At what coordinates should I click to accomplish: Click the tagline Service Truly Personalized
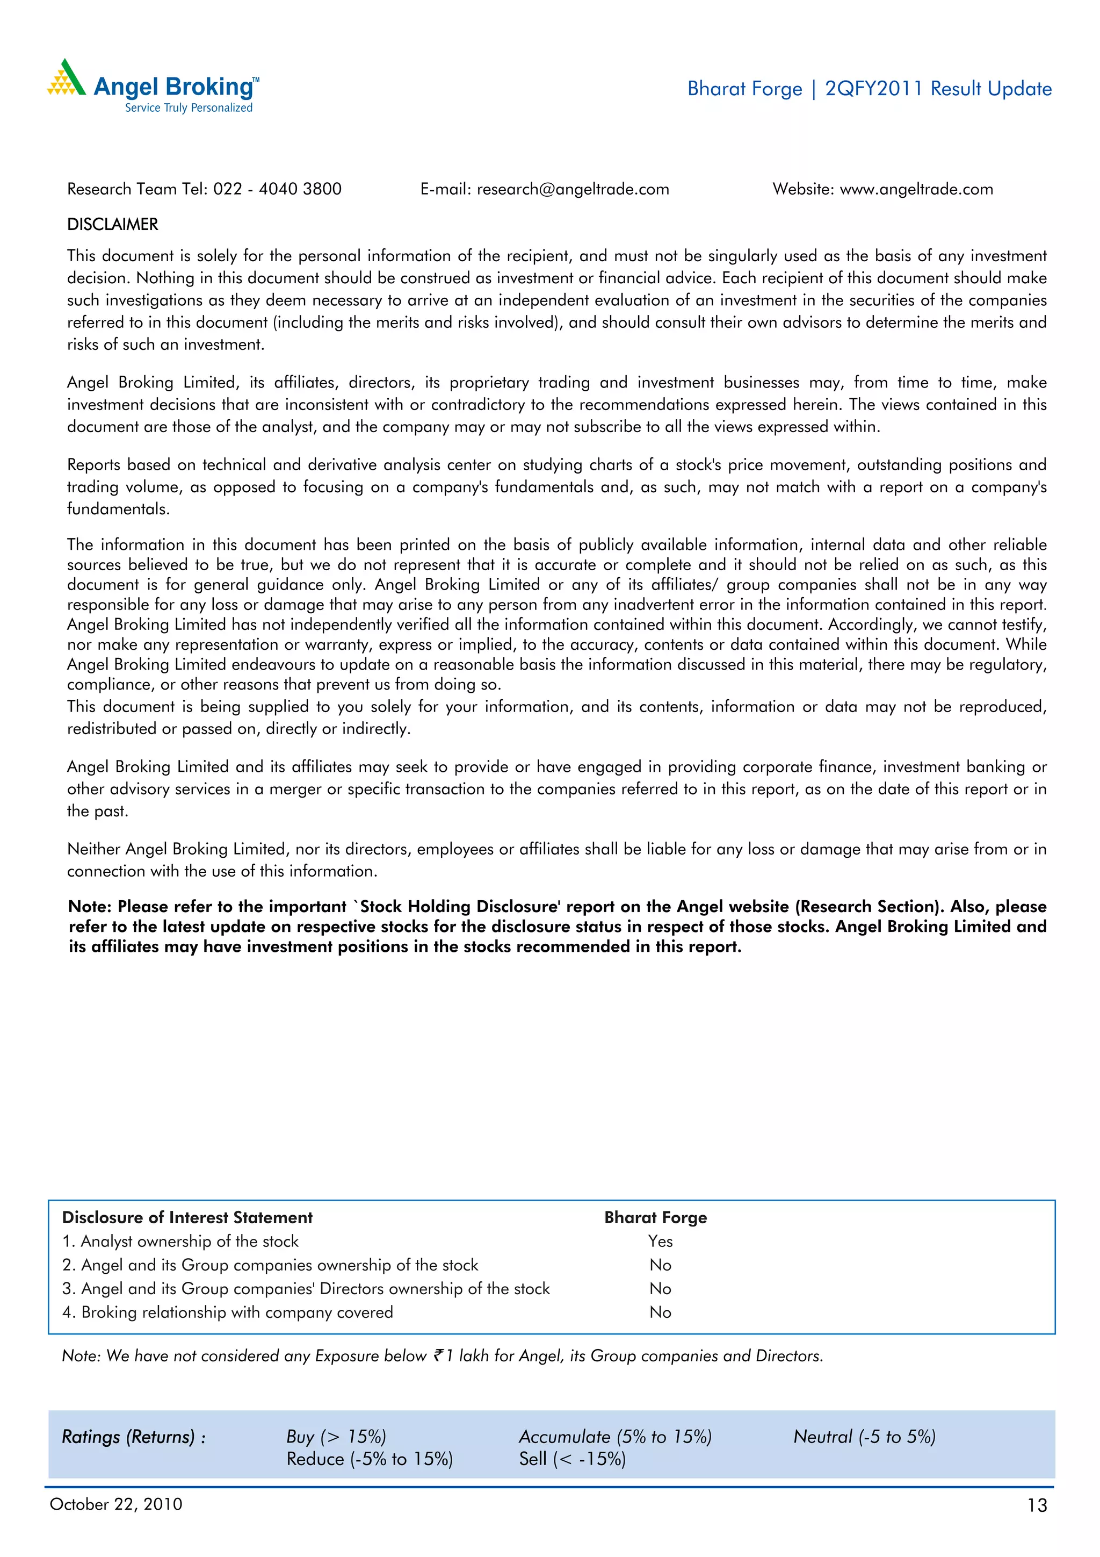(189, 108)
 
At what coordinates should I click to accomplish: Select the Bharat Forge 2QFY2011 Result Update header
(869, 89)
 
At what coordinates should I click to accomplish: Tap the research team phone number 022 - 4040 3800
(277, 189)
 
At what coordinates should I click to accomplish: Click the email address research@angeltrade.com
(573, 189)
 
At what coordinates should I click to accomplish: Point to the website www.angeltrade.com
(916, 189)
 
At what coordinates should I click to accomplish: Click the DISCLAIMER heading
(112, 225)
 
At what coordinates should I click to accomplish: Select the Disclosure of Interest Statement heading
(187, 1217)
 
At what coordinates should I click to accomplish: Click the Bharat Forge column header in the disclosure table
(655, 1217)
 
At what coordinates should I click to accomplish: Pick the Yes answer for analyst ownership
(660, 1241)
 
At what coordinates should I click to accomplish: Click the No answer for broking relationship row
(660, 1312)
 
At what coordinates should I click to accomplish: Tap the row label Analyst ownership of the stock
(180, 1241)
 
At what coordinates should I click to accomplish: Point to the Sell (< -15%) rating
(572, 1459)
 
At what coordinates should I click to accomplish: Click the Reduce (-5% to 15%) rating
(370, 1459)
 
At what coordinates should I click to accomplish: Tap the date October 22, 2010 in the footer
(116, 1504)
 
